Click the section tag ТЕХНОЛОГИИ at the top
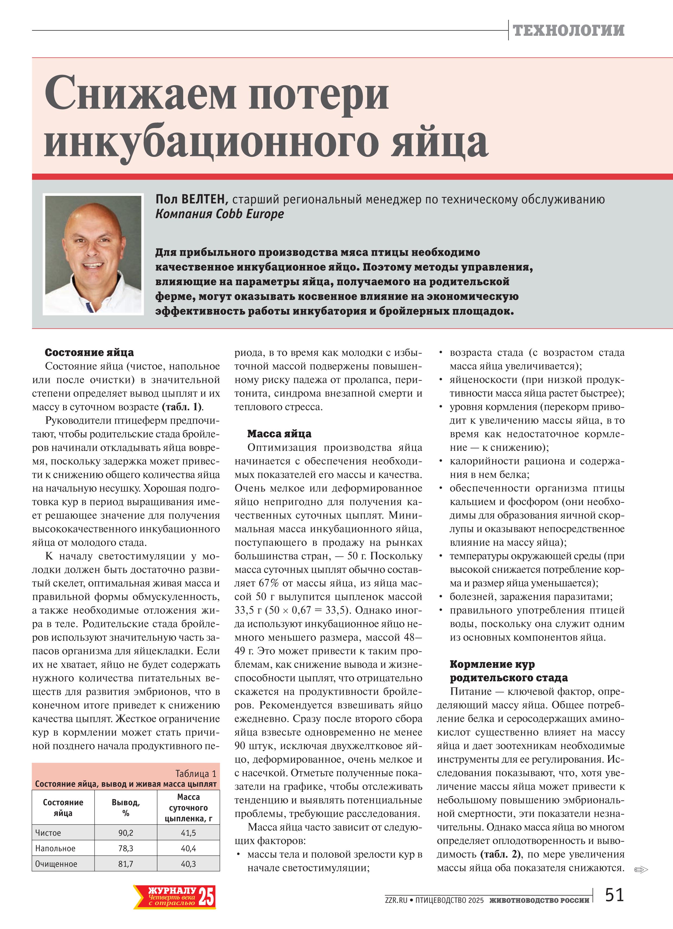[569, 30]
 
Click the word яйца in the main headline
[439, 142]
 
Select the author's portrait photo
[93, 254]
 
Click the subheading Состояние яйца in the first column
[89, 353]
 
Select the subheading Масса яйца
[279, 434]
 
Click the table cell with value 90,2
[126, 833]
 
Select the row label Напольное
[55, 848]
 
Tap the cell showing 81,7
[126, 864]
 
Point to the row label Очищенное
[56, 864]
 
